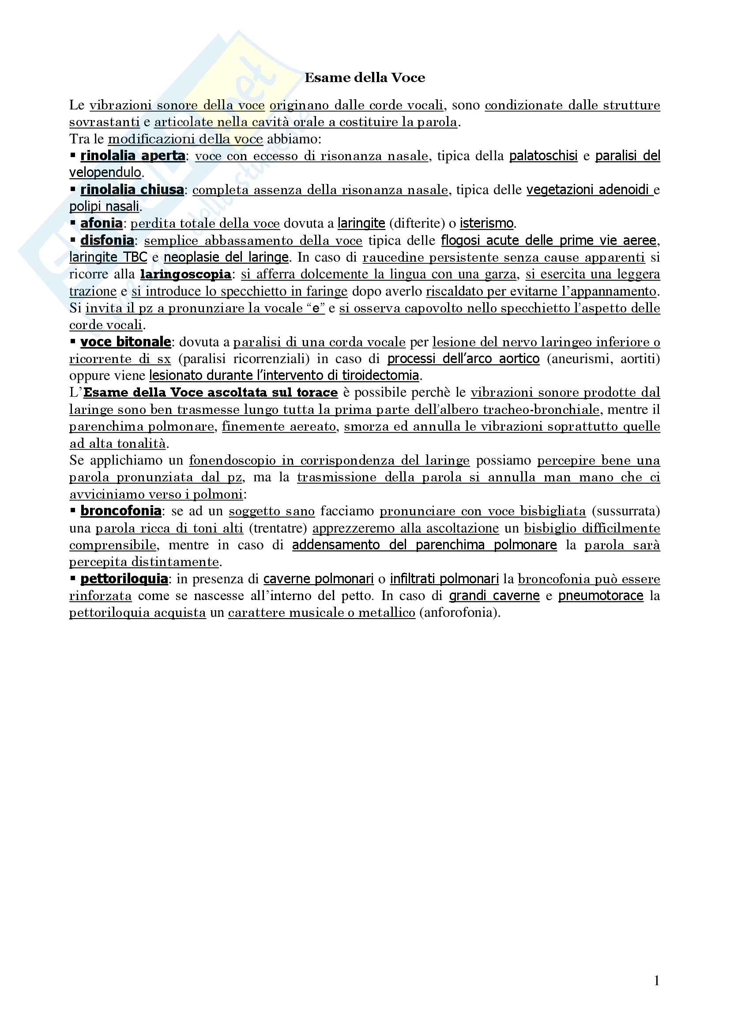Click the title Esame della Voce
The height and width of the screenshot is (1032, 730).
[365, 78]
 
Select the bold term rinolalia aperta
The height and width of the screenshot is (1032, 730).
[132, 156]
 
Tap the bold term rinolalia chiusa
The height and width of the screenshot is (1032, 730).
[132, 190]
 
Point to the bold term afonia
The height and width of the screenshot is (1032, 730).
[101, 223]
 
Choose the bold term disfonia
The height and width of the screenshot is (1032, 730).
[107, 240]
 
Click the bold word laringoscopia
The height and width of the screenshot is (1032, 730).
[186, 274]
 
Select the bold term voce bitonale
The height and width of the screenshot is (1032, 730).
[125, 342]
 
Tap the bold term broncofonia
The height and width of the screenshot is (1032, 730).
[120, 511]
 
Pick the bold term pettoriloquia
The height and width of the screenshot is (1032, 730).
[124, 579]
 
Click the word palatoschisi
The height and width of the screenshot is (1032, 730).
[543, 156]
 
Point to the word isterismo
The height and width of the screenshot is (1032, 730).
[486, 223]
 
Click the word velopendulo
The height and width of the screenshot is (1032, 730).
[105, 173]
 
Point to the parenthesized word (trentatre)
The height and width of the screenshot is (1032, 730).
[278, 528]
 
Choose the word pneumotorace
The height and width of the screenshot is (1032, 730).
[601, 596]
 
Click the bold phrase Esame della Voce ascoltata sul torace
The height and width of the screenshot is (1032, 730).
[211, 392]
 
